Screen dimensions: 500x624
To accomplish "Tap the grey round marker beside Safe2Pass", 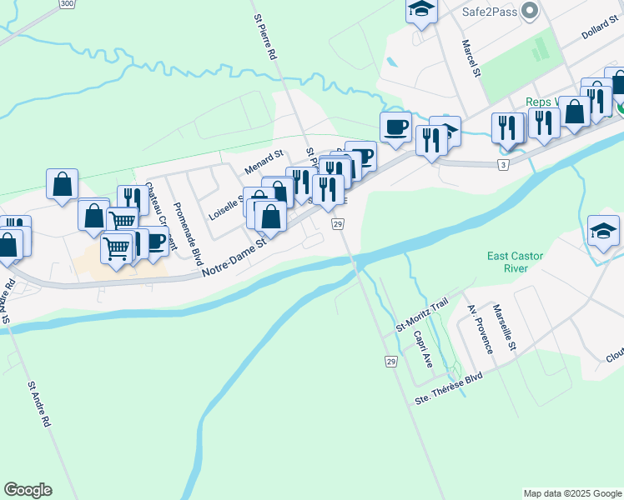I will click(x=528, y=11).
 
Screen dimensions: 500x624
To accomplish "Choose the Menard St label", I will click(x=264, y=162).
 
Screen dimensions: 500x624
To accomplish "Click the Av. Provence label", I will click(x=481, y=329).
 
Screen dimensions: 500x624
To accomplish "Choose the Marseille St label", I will click(x=504, y=327).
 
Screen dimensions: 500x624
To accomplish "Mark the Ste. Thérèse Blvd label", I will click(x=449, y=388).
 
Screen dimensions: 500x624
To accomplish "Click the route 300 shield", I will click(x=66, y=4).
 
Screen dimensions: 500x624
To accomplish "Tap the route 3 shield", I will click(x=503, y=166).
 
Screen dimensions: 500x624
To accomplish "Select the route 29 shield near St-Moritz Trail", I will click(x=390, y=361).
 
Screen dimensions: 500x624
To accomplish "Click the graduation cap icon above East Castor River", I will click(x=603, y=231).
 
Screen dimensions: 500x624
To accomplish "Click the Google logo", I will click(x=28, y=490).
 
